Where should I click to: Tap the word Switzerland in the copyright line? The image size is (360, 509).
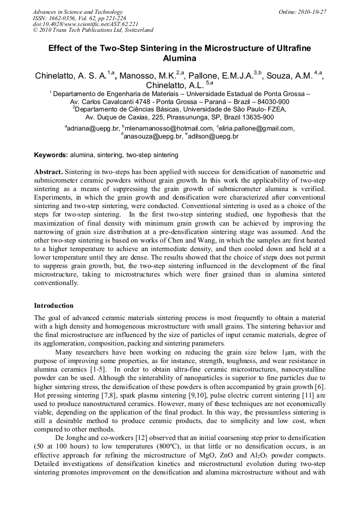pos(136,30)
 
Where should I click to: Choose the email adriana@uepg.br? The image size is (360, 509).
pos(92,128)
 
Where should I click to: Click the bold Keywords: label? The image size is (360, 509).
pos(51,155)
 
